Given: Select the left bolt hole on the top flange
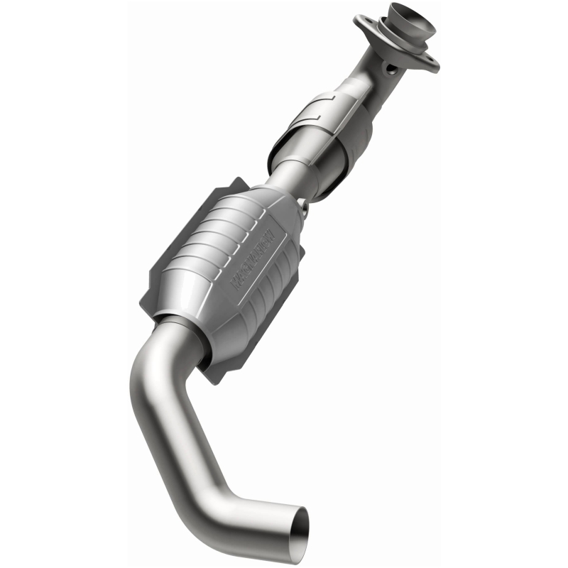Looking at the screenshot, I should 378,27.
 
